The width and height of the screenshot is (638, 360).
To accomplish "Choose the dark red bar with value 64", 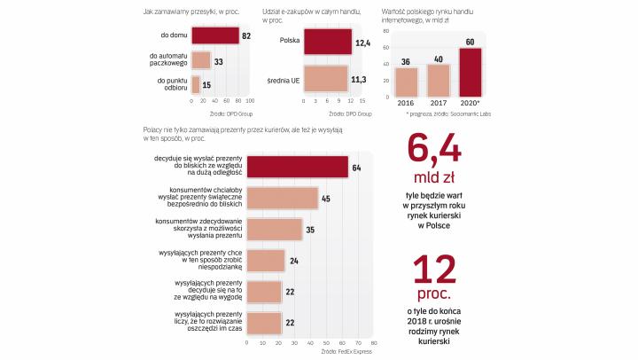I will pyautogui.click(x=297, y=167).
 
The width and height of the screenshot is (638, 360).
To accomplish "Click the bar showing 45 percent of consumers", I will pyautogui.click(x=282, y=198).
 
